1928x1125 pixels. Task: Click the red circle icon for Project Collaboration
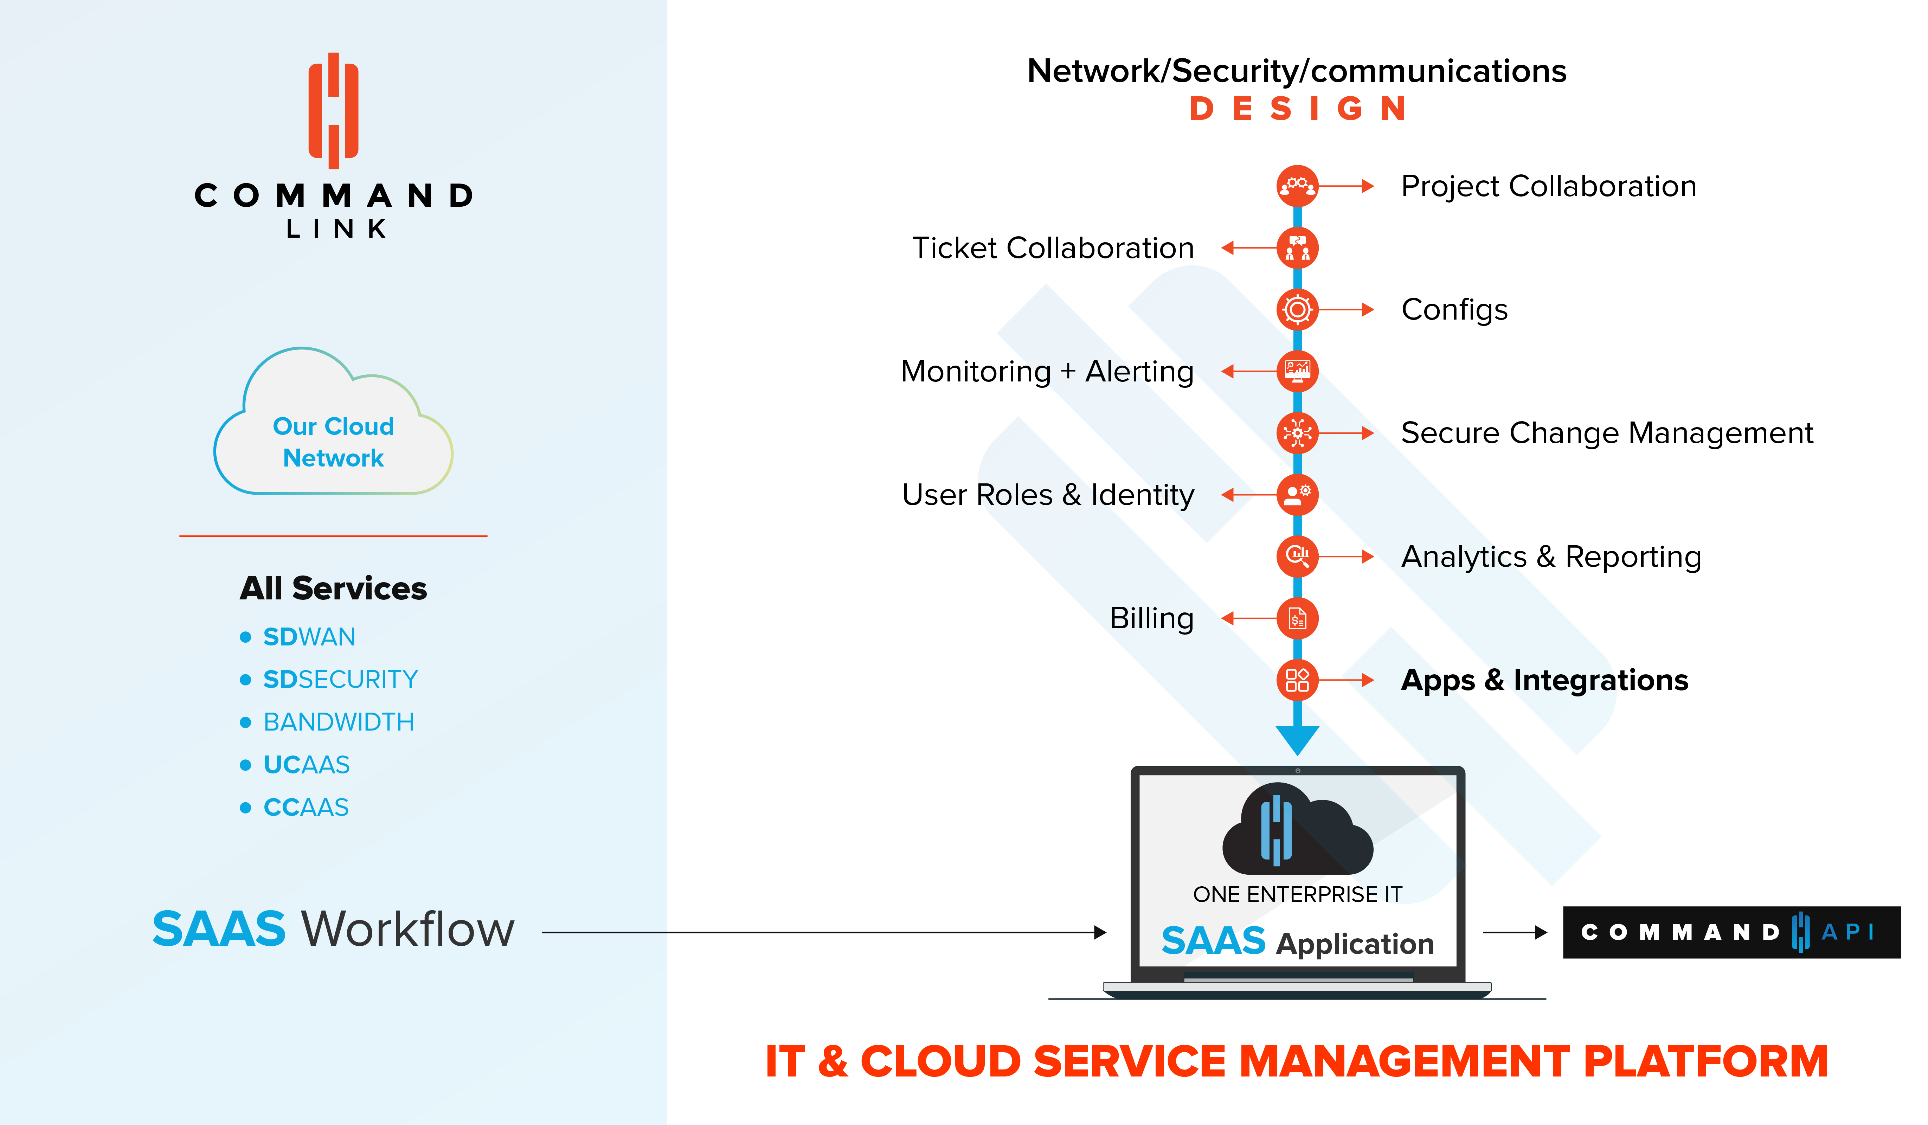click(1298, 186)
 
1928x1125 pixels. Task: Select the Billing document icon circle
click(1298, 618)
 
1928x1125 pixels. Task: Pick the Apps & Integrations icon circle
click(1298, 680)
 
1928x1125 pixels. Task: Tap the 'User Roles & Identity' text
click(1048, 495)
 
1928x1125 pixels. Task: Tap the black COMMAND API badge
click(1731, 932)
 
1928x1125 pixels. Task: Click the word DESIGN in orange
click(1298, 109)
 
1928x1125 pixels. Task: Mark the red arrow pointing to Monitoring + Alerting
click(1249, 372)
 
